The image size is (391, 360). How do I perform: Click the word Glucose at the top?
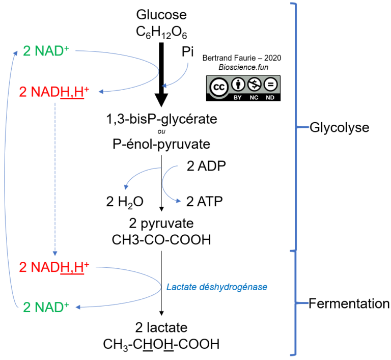[x=161, y=15]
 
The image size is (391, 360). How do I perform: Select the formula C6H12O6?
[x=161, y=33]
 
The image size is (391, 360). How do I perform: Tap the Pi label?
[x=188, y=51]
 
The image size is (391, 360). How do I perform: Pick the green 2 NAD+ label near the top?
[x=46, y=51]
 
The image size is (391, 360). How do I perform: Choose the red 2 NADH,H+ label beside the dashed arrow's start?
[x=54, y=92]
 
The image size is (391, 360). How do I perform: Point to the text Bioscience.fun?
[x=242, y=67]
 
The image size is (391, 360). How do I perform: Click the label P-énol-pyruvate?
[x=161, y=144]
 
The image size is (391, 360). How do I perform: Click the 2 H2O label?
[x=125, y=202]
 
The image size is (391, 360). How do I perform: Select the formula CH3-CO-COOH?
[x=161, y=239]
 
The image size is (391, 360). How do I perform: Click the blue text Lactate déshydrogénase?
[x=217, y=287]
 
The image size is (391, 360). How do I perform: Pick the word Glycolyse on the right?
[x=339, y=127]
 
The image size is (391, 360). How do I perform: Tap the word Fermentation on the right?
[x=349, y=304]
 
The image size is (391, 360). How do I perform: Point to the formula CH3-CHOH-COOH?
[x=161, y=344]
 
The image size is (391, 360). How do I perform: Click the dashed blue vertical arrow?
[x=55, y=178]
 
